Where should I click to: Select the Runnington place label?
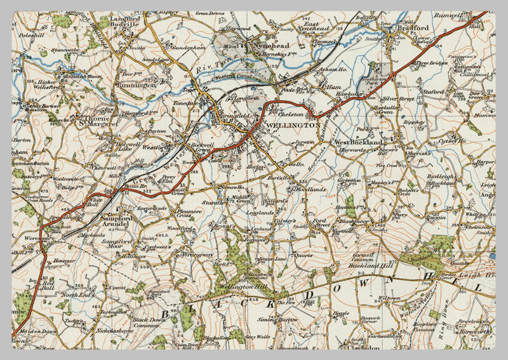(135, 84)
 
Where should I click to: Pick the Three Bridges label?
(434, 63)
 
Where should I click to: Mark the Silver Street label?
(398, 99)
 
